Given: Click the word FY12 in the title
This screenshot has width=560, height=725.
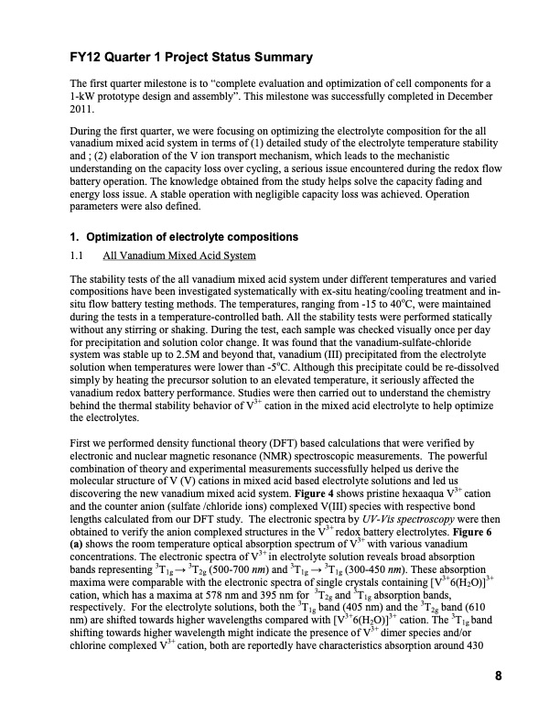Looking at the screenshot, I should coord(87,58).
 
